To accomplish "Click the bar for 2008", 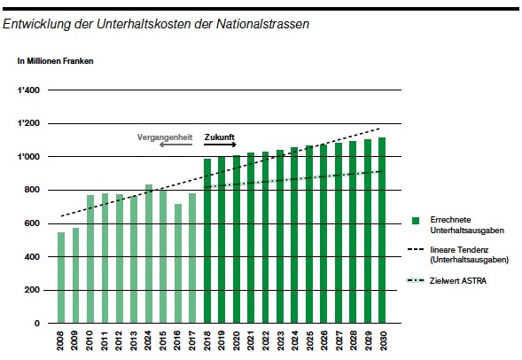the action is pyautogui.click(x=61, y=278).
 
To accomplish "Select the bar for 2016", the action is pyautogui.click(x=178, y=263).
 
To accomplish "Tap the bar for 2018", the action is pyautogui.click(x=207, y=241).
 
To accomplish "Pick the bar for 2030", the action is pyautogui.click(x=382, y=231).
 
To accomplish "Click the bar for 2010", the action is pyautogui.click(x=90, y=259).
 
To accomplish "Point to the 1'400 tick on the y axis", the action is pyautogui.click(x=28, y=90).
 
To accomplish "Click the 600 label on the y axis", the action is pyautogui.click(x=32, y=223).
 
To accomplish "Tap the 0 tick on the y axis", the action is pyautogui.click(x=37, y=324).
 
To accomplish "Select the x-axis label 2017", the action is pyautogui.click(x=192, y=340).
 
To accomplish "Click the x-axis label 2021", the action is pyautogui.click(x=251, y=340).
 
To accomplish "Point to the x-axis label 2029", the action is pyautogui.click(x=368, y=340).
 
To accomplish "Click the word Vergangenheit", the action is pyautogui.click(x=165, y=137).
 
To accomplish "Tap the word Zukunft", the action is pyautogui.click(x=220, y=137).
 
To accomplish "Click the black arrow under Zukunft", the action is pyautogui.click(x=220, y=145).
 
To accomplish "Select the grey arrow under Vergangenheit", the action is pyautogui.click(x=175, y=145).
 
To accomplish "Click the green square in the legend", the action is pyautogui.click(x=416, y=221).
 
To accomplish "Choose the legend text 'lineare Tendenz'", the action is pyautogui.click(x=459, y=250).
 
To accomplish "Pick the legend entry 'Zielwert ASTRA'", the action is pyautogui.click(x=447, y=281).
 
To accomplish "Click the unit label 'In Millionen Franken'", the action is pyautogui.click(x=55, y=61).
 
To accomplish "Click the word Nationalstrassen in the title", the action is pyautogui.click(x=262, y=24).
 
